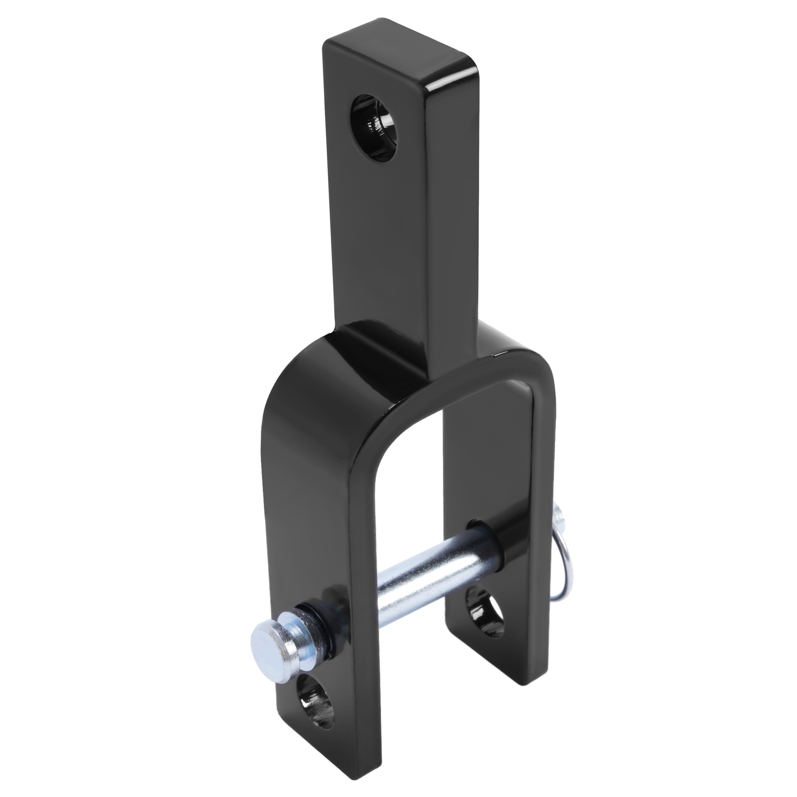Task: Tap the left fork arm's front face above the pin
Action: (299, 498)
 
